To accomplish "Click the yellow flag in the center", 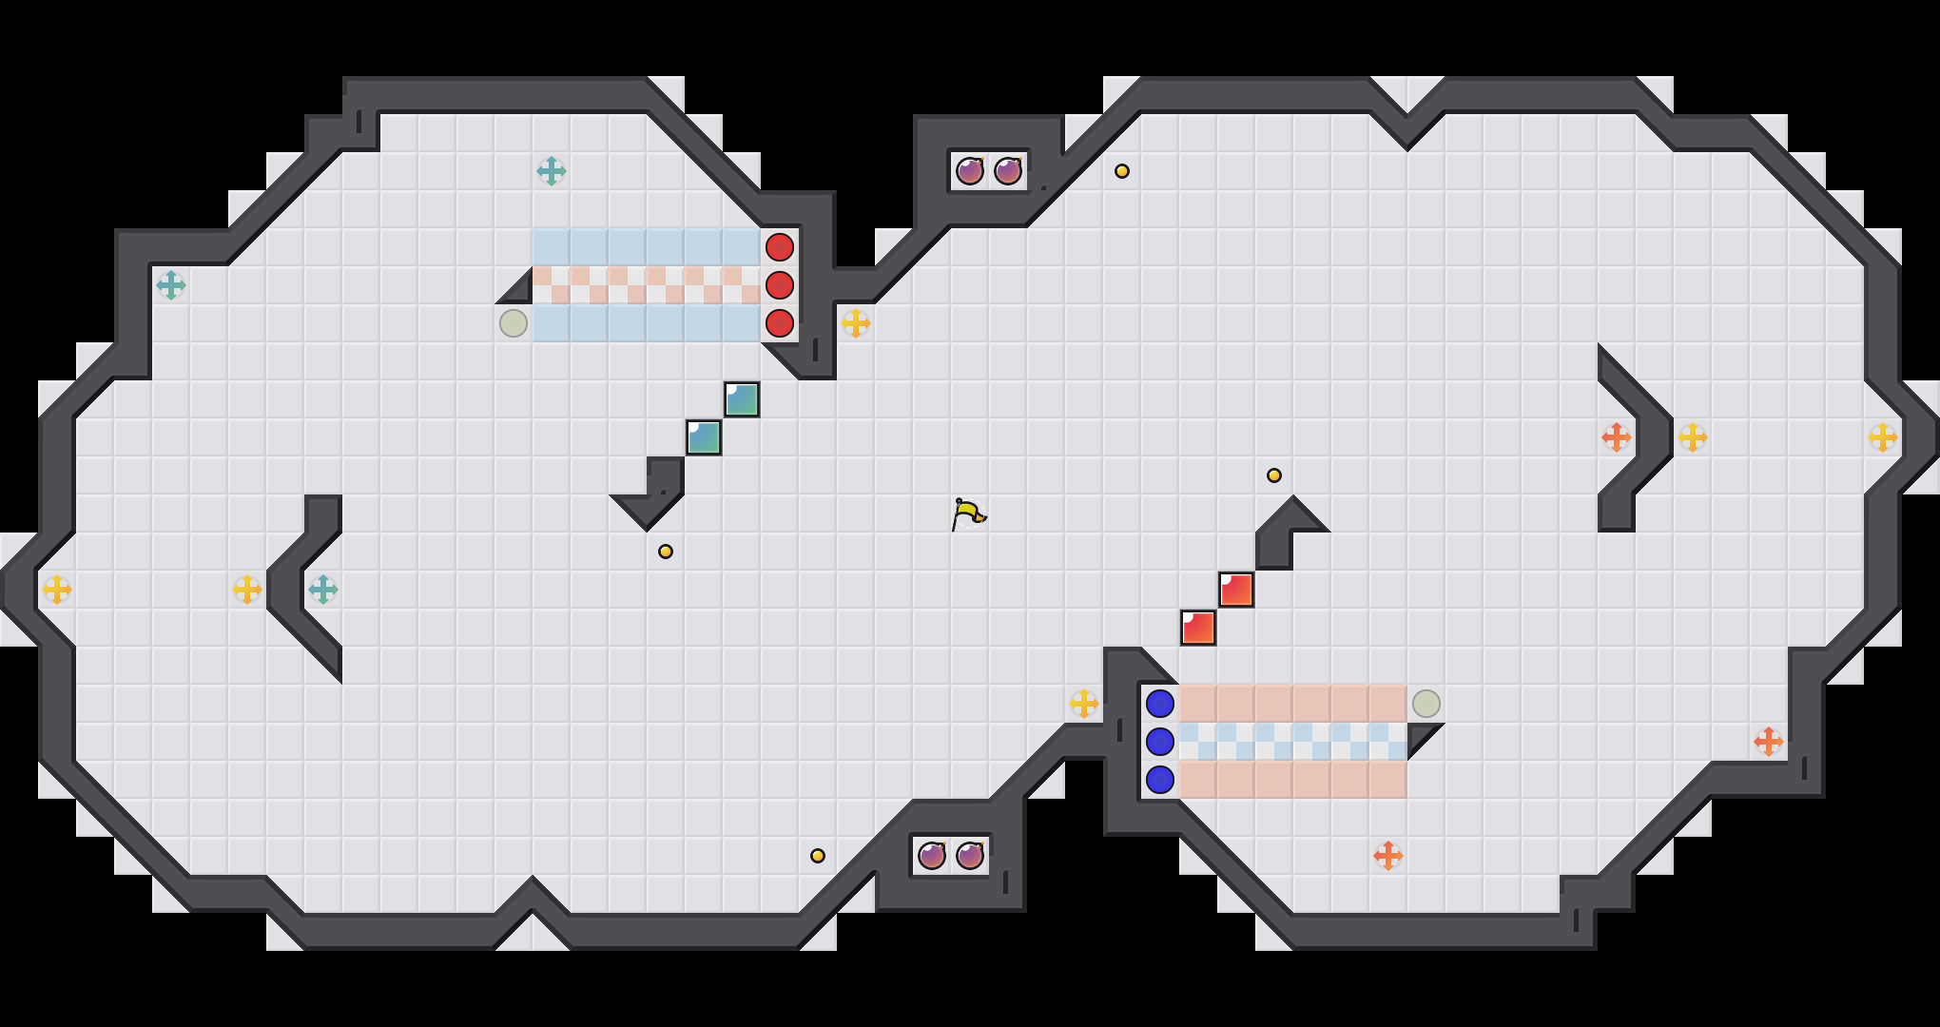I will (x=968, y=513).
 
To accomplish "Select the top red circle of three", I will (x=780, y=247).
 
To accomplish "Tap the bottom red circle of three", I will (x=780, y=323).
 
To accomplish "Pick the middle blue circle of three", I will (x=1160, y=742).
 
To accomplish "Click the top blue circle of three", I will (x=1160, y=704).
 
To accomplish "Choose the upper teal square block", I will (x=742, y=399).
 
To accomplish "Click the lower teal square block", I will (x=704, y=437).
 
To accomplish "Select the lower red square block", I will (x=1198, y=628).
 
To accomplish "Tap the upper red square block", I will (x=1236, y=590).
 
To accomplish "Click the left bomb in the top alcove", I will (x=970, y=171).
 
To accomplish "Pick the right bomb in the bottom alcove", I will (x=970, y=856).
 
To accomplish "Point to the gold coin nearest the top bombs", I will (x=1122, y=171).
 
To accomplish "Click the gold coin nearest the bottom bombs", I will (x=818, y=856).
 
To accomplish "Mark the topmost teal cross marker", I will (x=552, y=171).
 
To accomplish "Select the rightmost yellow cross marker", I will (x=1883, y=437).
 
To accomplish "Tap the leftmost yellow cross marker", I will (x=57, y=590).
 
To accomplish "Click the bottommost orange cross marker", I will (x=1388, y=856).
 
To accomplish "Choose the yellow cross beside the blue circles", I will (x=1084, y=704).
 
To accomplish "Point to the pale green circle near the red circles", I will (x=514, y=323).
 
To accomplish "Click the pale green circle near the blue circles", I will (x=1426, y=704).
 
